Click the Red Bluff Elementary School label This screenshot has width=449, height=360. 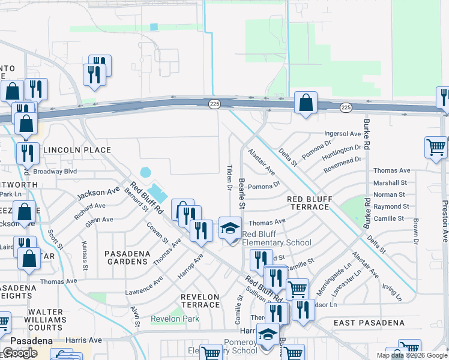point(277,238)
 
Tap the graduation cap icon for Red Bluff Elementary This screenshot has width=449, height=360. point(229,228)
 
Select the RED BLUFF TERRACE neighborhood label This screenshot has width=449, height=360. point(308,203)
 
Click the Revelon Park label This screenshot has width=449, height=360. point(175,319)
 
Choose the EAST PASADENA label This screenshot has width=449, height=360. point(369,323)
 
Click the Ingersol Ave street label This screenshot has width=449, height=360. point(342,133)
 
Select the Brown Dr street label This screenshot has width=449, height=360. point(415,231)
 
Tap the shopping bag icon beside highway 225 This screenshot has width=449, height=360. point(306,103)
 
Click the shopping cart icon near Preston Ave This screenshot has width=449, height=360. point(436,147)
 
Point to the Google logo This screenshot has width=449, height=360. point(20,353)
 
